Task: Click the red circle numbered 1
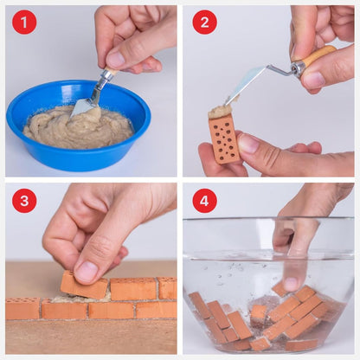(x=24, y=22)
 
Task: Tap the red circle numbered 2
(x=204, y=22)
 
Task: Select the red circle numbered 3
(x=24, y=201)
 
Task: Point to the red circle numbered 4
(x=204, y=201)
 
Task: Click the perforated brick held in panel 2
(x=225, y=138)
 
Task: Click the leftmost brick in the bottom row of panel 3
(x=22, y=309)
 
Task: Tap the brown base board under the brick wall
(x=87, y=337)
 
